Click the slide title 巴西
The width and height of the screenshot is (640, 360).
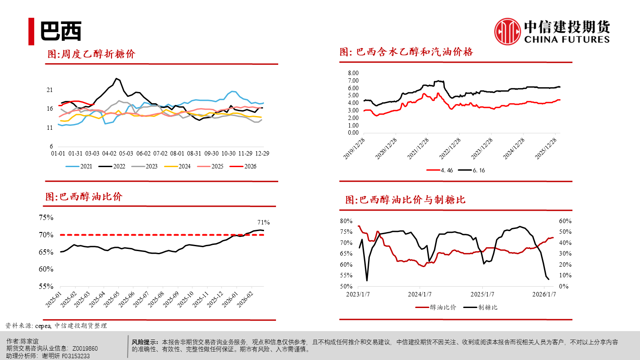click(61, 32)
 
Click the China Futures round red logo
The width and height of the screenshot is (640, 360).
click(508, 32)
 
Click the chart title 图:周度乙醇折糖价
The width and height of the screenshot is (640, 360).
click(91, 54)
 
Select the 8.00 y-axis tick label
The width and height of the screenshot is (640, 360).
click(353, 73)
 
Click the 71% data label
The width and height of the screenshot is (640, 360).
click(264, 222)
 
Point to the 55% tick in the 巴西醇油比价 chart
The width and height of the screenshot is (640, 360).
click(46, 286)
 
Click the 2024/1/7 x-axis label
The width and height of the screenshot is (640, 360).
click(420, 294)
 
